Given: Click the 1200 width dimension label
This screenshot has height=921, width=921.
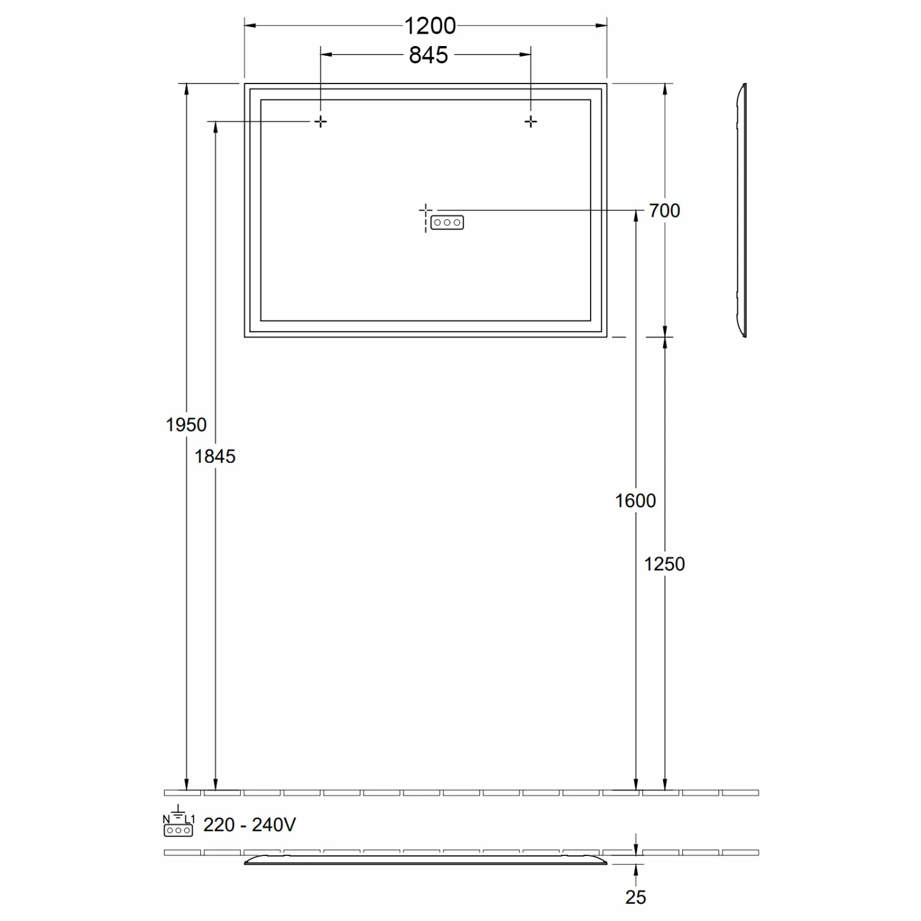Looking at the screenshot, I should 430,26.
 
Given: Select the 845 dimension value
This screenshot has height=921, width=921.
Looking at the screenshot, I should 429,55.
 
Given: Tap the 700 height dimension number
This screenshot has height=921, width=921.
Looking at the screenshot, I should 664,211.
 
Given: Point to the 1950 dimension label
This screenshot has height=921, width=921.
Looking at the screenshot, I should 186,424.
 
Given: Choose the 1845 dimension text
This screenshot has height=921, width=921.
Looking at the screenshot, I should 215,456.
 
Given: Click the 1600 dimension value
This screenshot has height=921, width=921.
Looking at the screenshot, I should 635,500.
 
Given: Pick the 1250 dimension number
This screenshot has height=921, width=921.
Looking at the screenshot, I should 664,564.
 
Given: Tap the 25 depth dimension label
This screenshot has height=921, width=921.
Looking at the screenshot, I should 635,897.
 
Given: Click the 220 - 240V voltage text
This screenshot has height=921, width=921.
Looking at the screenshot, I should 249,825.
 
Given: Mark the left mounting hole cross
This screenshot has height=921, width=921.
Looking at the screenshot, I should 321,122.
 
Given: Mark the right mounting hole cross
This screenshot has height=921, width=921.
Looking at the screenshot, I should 531,122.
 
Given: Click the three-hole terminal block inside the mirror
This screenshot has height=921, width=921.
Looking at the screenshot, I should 447,222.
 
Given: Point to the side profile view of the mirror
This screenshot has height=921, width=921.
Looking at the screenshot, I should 742,211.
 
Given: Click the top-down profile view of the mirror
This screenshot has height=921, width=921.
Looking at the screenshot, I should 426,860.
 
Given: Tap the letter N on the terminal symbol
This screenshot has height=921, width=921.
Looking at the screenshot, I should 166,819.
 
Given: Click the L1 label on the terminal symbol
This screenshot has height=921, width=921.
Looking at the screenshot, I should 190,819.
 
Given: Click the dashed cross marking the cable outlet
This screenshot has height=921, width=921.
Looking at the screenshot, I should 426,211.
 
